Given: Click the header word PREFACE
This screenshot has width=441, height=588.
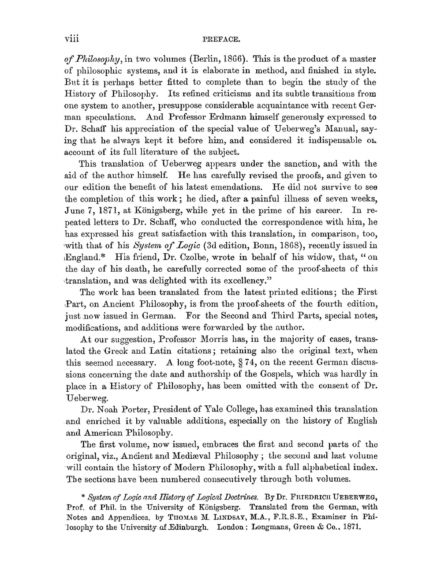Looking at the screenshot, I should coord(220,39).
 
